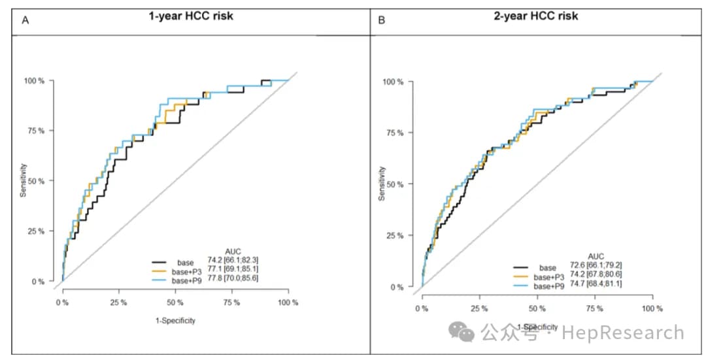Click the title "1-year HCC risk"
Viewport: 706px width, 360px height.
tap(191, 16)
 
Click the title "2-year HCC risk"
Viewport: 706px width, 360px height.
tap(536, 16)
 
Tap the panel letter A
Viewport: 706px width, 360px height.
tap(25, 20)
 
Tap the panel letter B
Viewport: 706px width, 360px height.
tap(381, 20)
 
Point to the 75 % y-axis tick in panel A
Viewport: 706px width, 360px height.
tap(34, 131)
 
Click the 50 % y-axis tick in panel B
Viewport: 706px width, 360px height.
tap(393, 184)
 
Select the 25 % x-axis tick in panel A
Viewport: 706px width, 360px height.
tap(118, 303)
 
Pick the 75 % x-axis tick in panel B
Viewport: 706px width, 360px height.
tap(595, 308)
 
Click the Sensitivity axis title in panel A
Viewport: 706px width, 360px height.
tap(23, 180)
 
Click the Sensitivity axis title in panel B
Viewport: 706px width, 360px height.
tap(382, 184)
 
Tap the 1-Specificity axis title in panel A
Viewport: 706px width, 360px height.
tap(176, 320)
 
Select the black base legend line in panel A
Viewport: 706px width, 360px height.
tap(160, 261)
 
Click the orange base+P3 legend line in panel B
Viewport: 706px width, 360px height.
tap(520, 276)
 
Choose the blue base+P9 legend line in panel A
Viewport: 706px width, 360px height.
tap(160, 280)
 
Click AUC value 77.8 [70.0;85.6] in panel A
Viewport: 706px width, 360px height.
tap(233, 278)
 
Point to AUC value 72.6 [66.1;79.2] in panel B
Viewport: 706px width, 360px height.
tap(596, 265)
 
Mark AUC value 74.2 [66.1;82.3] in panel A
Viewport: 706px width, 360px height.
tap(233, 260)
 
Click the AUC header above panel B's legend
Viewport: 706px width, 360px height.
tap(596, 257)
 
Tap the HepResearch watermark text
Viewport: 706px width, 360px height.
tap(623, 333)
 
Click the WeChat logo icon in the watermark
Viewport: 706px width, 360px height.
tap(462, 332)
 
